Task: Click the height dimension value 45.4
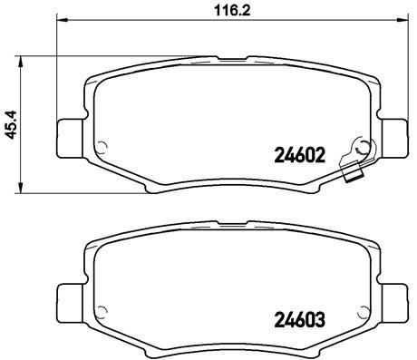13,125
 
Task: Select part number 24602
300,154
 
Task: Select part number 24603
300,320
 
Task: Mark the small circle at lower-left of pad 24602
102,149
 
